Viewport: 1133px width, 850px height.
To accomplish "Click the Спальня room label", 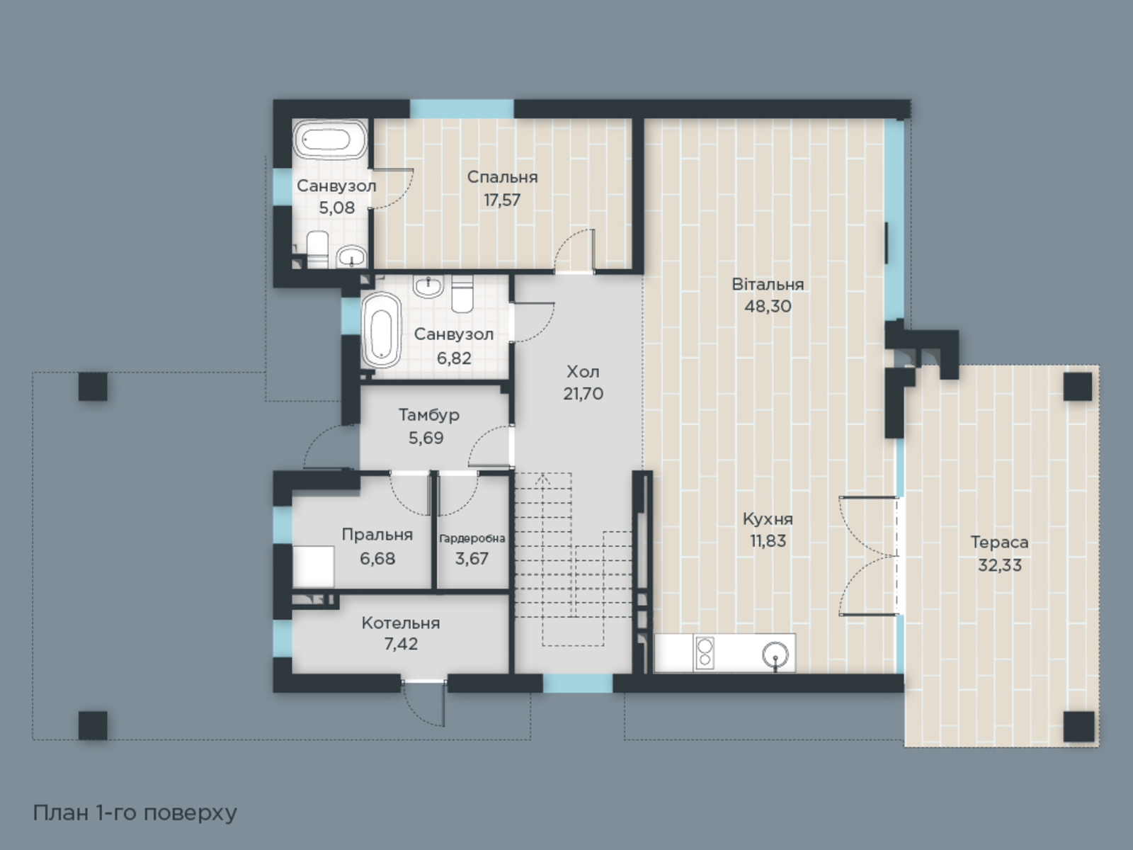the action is pyautogui.click(x=502, y=177).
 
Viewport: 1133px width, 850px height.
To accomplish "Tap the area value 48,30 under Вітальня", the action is pyautogui.click(x=768, y=307).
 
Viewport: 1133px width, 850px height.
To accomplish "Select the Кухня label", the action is pyautogui.click(x=768, y=518).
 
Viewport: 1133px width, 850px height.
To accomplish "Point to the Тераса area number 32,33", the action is pyautogui.click(x=1000, y=565).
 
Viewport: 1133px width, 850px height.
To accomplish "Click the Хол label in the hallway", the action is pyautogui.click(x=583, y=372).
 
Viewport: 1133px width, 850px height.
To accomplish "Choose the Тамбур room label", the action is pyautogui.click(x=429, y=415).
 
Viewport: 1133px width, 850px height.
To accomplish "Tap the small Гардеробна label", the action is pyautogui.click(x=472, y=539).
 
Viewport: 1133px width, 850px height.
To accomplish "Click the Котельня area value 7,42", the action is pyautogui.click(x=401, y=644).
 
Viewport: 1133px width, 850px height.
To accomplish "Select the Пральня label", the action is pyautogui.click(x=377, y=535).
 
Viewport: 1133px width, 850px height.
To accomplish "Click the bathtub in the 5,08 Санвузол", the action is pyautogui.click(x=330, y=140).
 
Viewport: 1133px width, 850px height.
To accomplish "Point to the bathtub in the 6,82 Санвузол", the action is pyautogui.click(x=382, y=330).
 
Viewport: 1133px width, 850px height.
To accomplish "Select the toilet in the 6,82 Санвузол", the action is pyautogui.click(x=462, y=294).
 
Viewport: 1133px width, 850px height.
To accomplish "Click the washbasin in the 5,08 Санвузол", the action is pyautogui.click(x=351, y=256).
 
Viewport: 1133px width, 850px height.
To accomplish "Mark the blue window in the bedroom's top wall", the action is pyautogui.click(x=462, y=109).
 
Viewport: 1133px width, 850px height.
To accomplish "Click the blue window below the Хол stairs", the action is pyautogui.click(x=578, y=683).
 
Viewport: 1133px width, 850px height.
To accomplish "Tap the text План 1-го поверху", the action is pyautogui.click(x=135, y=813).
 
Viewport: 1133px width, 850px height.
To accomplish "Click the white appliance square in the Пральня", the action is pyautogui.click(x=313, y=567).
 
